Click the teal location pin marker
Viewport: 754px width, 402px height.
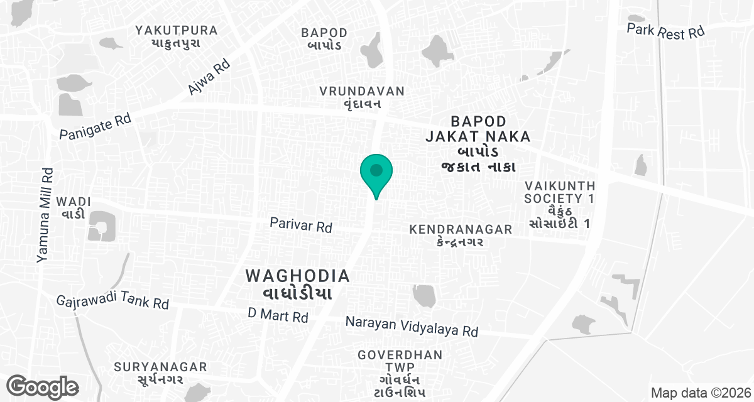[x=376, y=173]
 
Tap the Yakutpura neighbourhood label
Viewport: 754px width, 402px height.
[x=177, y=36]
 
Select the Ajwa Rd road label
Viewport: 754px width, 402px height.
[x=209, y=77]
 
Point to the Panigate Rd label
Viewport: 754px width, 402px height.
[x=94, y=126]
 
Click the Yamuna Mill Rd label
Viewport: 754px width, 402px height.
[x=46, y=214]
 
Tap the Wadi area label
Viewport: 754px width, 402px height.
[x=74, y=208]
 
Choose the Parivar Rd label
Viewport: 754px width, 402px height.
[x=301, y=225]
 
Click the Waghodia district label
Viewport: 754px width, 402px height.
[x=297, y=284]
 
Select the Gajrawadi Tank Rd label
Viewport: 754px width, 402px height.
[x=112, y=301]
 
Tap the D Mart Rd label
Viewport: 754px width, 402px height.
[x=278, y=315]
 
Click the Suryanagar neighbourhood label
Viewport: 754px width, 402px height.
[x=160, y=372]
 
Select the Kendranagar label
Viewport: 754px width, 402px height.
[x=461, y=236]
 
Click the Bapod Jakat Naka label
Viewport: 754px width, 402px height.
[x=478, y=143]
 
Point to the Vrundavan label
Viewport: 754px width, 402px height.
[x=361, y=98]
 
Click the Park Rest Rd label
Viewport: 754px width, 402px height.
[x=666, y=31]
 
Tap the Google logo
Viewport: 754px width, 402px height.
[x=43, y=387]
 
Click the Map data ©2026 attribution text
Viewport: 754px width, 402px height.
[x=699, y=393]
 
